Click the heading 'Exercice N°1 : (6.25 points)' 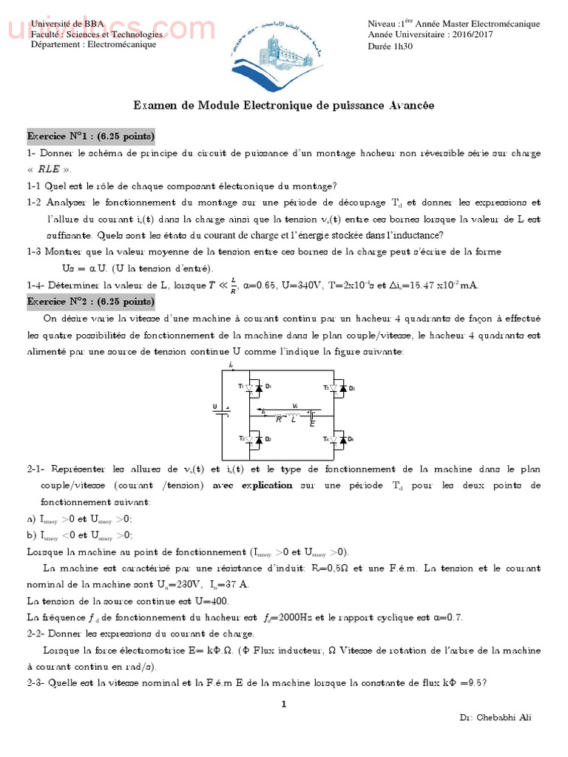(x=91, y=137)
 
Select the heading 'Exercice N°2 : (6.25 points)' (x=91, y=302)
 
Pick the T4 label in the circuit (x=325, y=439)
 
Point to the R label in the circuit (x=278, y=419)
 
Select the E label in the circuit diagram (x=312, y=424)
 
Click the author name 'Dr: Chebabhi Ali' (x=495, y=717)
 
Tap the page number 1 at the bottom (x=283, y=704)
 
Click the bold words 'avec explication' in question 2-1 (x=252, y=486)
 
